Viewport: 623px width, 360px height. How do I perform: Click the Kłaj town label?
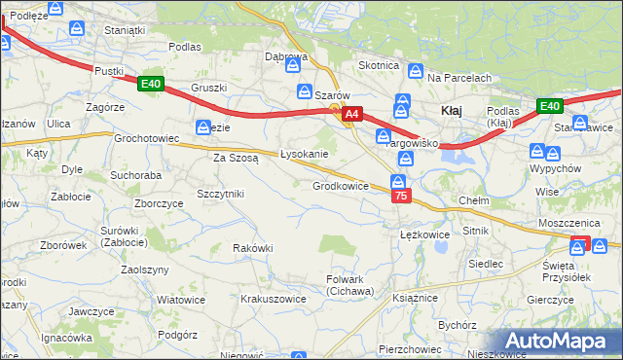(x=451, y=111)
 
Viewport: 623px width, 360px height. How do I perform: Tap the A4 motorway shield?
(x=352, y=114)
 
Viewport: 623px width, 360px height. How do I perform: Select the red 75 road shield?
(x=400, y=197)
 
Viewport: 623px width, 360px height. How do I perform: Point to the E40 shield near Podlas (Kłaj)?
(x=549, y=106)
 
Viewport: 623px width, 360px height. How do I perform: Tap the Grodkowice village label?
(x=340, y=186)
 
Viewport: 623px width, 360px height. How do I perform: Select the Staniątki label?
(x=125, y=30)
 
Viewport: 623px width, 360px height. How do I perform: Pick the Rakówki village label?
(x=252, y=248)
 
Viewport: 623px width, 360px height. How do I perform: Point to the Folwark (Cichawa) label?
(x=349, y=285)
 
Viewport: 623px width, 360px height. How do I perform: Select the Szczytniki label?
(x=220, y=194)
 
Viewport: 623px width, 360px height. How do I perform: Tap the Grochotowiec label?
(x=147, y=139)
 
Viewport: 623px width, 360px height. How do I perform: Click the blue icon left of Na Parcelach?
(x=416, y=71)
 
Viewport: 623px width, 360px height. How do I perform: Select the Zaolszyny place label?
(x=146, y=270)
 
